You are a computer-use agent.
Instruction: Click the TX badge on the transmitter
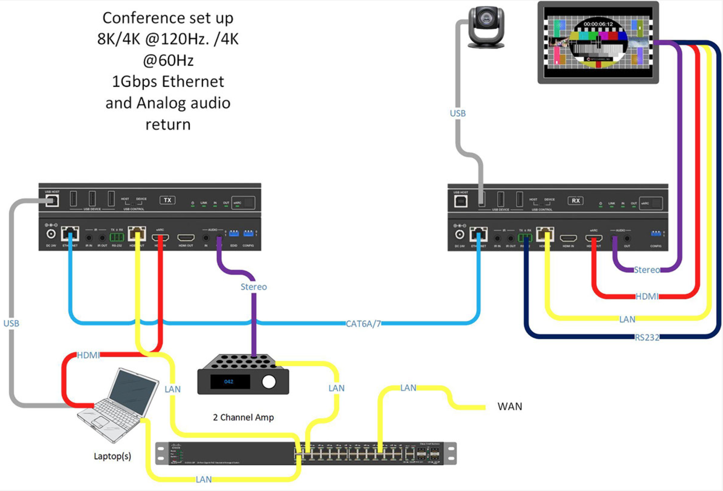[167, 200]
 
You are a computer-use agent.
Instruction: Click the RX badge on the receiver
[575, 201]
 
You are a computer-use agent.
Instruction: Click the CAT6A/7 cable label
[363, 324]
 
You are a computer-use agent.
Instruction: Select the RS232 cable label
[647, 337]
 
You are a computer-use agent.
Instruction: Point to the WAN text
[510, 407]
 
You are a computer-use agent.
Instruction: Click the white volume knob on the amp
[269, 382]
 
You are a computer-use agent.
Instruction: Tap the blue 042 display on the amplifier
[229, 382]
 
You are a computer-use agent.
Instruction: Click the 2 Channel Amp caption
[243, 417]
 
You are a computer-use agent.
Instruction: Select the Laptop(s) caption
[112, 456]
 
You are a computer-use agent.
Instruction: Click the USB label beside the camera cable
[458, 113]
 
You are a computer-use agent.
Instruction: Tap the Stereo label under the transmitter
[254, 287]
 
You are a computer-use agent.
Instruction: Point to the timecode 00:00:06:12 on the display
[598, 24]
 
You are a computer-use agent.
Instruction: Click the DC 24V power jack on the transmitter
[51, 234]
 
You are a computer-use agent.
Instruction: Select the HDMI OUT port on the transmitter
[186, 238]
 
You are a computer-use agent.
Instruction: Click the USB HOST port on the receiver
[461, 201]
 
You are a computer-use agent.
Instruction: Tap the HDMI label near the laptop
[88, 355]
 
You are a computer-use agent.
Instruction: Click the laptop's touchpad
[97, 422]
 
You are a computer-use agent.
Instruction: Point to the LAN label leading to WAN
[408, 388]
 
